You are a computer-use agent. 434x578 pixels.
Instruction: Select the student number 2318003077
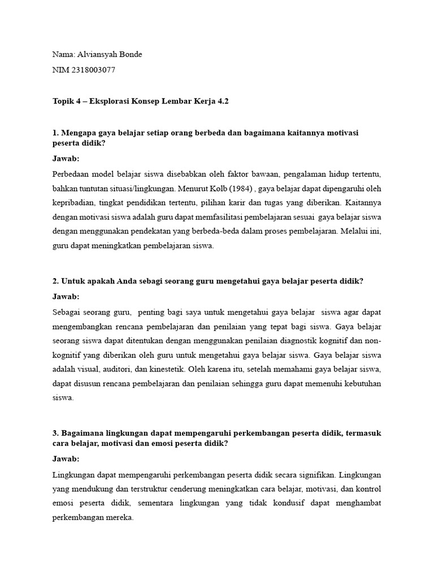93,69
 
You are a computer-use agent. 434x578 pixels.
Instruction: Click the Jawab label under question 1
66,159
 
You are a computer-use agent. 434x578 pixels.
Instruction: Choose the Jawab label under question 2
66,296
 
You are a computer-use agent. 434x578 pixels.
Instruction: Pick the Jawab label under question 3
66,459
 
